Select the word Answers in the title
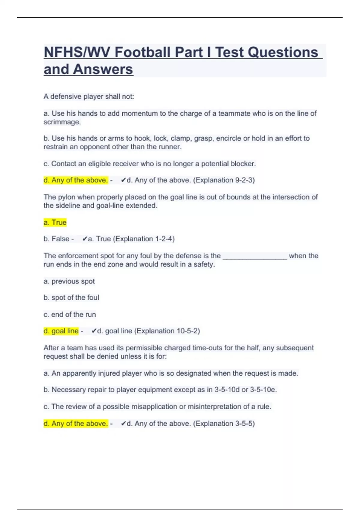tap(103, 69)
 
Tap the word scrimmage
tap(62, 122)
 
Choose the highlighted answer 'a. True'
tap(55, 223)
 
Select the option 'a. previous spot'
tap(69, 281)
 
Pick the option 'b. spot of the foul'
tap(71, 298)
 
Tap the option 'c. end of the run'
tap(70, 314)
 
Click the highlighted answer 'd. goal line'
tap(61, 331)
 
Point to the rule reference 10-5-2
tap(187, 331)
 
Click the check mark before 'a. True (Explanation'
tap(85, 239)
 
